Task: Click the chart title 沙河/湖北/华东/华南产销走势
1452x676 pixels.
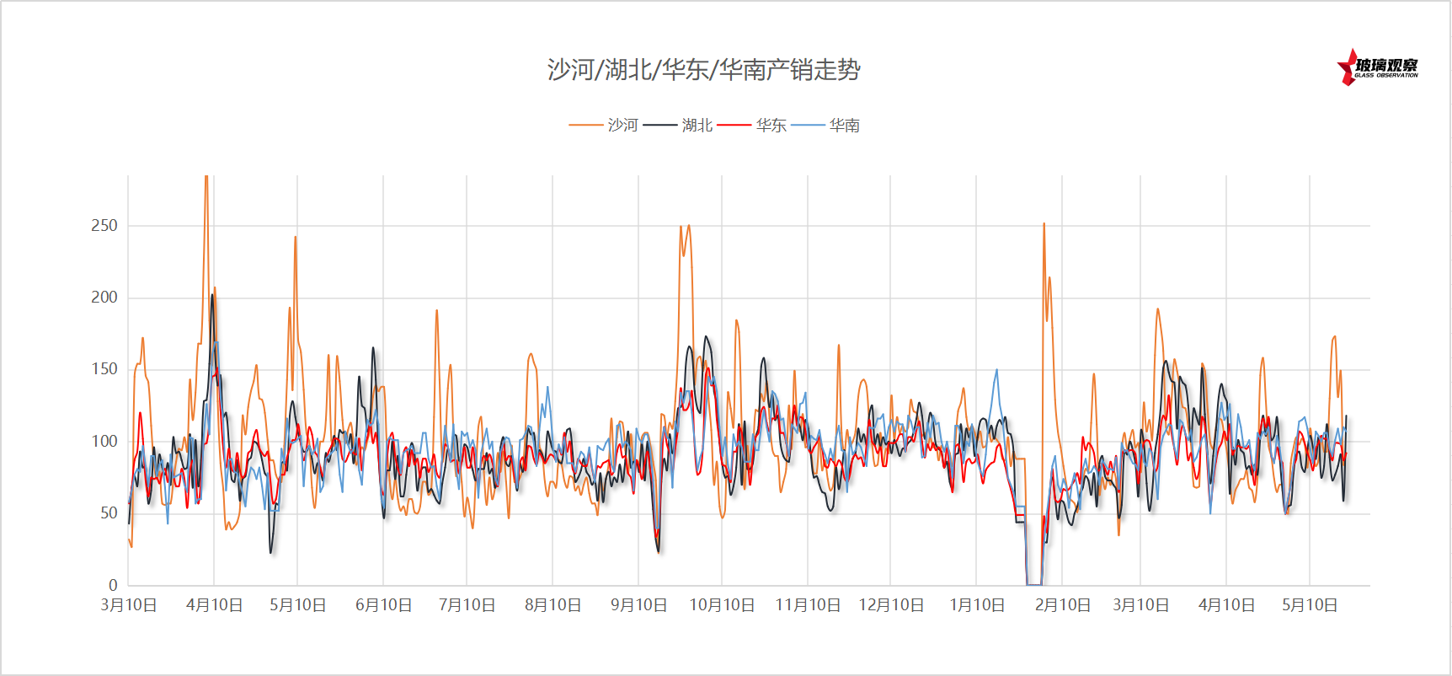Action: point(703,69)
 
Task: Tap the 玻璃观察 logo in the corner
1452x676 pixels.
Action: point(1378,67)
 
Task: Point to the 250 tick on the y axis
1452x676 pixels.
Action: point(104,225)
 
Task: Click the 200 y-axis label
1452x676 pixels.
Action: point(104,297)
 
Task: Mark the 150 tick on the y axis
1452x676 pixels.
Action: point(104,368)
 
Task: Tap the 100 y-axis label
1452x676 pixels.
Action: point(104,441)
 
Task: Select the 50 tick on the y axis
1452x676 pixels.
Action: point(109,512)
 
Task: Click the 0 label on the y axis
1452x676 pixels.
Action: point(113,585)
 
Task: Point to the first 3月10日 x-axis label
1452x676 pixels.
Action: point(129,605)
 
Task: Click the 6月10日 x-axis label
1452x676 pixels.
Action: point(383,605)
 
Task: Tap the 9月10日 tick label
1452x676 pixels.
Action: point(638,605)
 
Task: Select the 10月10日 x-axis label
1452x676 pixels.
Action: point(722,605)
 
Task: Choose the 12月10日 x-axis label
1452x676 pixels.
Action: point(891,605)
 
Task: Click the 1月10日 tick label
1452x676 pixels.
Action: point(977,605)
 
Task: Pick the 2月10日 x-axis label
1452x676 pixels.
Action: point(1063,605)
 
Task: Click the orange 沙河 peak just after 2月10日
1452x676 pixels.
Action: point(1044,225)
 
